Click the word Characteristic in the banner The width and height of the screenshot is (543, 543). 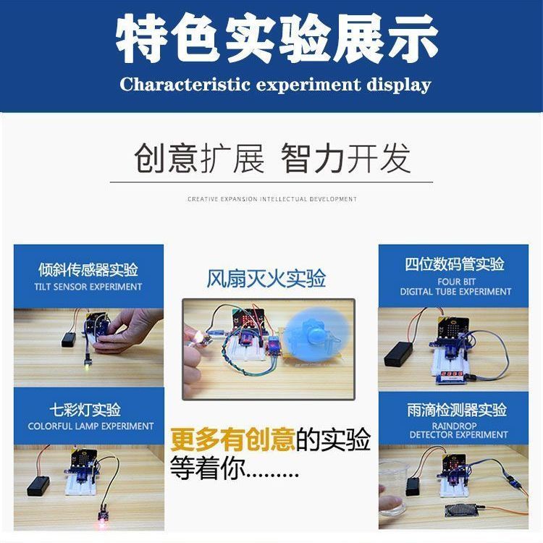[x=185, y=84]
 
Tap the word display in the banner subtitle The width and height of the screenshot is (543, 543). [x=399, y=85]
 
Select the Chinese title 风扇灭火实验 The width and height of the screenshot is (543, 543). [x=266, y=279]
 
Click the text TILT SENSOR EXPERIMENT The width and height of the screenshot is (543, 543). [x=88, y=287]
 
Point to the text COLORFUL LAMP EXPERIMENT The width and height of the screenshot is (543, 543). [x=90, y=426]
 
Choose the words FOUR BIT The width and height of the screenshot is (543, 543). [x=456, y=282]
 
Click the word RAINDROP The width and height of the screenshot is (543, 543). [x=454, y=425]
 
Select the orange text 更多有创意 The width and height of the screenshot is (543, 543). [x=232, y=439]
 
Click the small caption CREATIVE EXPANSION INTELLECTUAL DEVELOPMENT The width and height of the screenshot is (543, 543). [x=271, y=199]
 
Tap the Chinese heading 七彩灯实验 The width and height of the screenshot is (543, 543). [x=85, y=410]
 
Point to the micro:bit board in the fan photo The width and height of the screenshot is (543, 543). [x=248, y=319]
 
